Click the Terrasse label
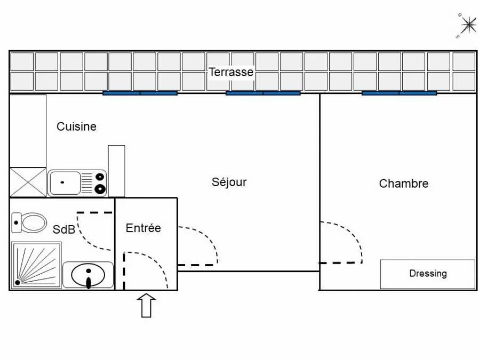tap(231, 72)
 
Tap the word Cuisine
tap(76, 126)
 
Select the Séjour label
tap(229, 182)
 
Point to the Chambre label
tap(404, 183)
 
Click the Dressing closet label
tap(428, 273)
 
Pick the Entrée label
tap(143, 228)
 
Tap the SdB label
tap(63, 229)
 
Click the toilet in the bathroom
tap(29, 222)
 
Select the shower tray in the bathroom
tap(36, 265)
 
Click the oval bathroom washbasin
tap(88, 275)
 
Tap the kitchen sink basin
tap(65, 183)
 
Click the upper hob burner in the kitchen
tap(100, 177)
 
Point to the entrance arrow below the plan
tap(146, 306)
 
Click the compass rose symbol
tap(467, 26)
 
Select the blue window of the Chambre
tap(399, 93)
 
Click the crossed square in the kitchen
tap(28, 182)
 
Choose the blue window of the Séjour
tap(263, 93)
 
